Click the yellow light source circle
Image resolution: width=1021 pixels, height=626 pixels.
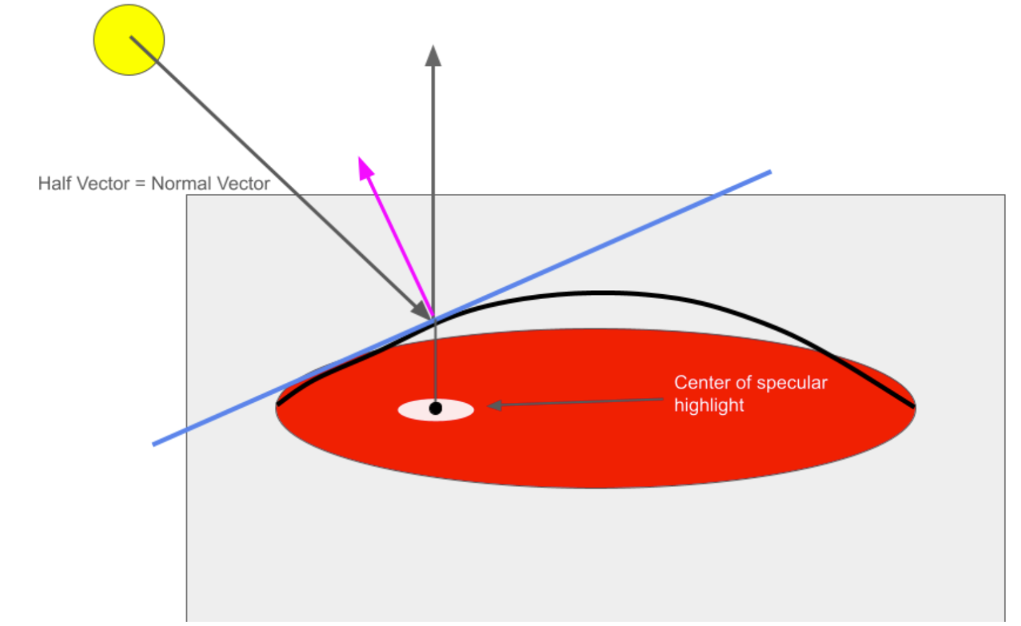coord(129,40)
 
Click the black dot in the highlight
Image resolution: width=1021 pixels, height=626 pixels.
coord(435,409)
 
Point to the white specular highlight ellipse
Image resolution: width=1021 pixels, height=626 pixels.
coord(416,410)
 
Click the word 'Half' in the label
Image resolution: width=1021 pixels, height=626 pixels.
coord(54,184)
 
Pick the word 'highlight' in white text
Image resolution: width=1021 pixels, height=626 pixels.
coord(709,406)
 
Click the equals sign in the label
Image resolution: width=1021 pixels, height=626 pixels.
coord(140,184)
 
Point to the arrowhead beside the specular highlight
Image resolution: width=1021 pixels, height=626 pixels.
coord(493,405)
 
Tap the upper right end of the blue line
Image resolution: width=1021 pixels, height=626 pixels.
coord(769,172)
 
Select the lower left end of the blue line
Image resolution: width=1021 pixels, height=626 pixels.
coord(154,443)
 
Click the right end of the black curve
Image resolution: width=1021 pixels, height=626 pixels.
coord(912,406)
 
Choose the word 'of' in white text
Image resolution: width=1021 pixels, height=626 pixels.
coord(743,383)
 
